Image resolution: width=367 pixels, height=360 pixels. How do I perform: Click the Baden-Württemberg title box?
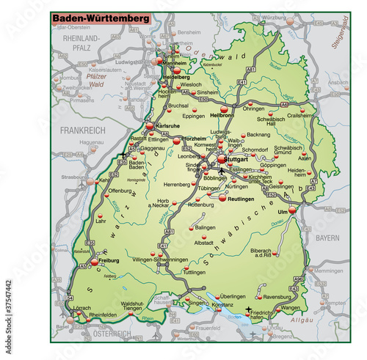click(101, 17)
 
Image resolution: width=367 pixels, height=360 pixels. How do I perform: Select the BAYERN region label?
click(328, 238)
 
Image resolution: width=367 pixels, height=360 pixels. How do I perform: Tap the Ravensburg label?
click(279, 297)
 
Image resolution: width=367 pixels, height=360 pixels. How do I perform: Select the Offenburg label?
click(120, 191)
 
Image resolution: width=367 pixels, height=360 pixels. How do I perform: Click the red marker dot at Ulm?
click(293, 210)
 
